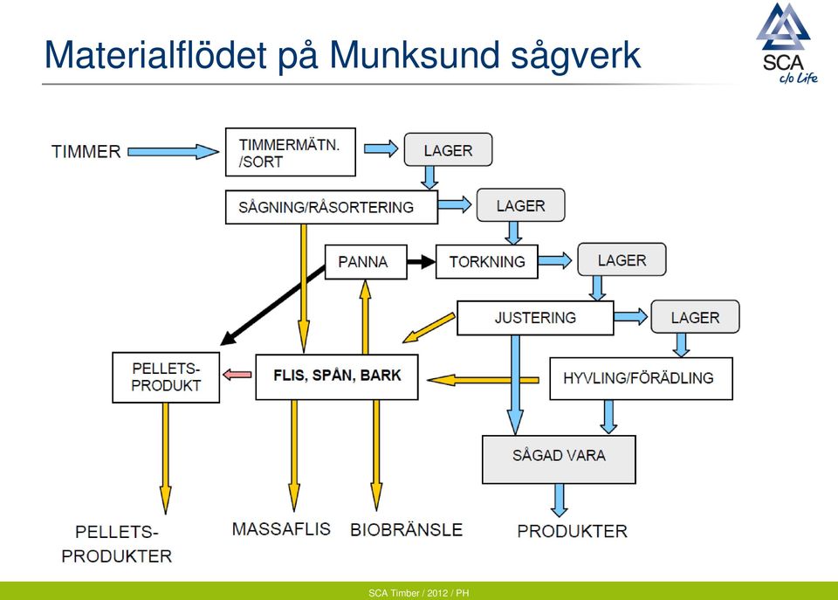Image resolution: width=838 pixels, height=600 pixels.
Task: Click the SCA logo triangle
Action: point(784,27)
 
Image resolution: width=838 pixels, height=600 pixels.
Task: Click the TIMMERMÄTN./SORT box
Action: point(290,152)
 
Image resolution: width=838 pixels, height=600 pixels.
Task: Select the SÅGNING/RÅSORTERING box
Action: point(332,207)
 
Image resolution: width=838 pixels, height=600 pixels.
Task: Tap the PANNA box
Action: point(366,261)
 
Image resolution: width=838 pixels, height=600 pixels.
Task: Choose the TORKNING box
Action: point(487,261)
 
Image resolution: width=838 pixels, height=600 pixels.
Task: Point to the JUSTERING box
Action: point(535,318)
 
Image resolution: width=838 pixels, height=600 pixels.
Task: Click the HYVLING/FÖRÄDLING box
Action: point(641,379)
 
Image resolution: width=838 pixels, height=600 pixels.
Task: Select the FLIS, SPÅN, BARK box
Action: point(337,376)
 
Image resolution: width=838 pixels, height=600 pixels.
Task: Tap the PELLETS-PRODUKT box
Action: point(166,377)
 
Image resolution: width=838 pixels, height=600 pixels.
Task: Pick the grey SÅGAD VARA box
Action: point(559,459)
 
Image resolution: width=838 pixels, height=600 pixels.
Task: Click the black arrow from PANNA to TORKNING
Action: point(421,262)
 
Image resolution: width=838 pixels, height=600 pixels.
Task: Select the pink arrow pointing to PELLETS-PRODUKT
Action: point(237,375)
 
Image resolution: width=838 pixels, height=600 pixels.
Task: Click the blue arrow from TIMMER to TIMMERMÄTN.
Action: point(173,152)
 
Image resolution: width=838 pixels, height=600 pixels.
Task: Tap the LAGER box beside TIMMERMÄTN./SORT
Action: point(448,149)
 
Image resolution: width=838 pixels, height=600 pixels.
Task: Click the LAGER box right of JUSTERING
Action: point(695,317)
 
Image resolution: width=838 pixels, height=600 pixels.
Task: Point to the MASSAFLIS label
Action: point(281,529)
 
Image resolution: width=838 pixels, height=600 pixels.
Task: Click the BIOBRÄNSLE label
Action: point(406,530)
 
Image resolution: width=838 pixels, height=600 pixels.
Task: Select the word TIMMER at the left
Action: point(86,152)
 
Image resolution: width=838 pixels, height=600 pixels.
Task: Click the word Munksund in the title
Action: point(414,55)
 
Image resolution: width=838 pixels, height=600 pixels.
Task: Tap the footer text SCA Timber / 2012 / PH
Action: point(418,593)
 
